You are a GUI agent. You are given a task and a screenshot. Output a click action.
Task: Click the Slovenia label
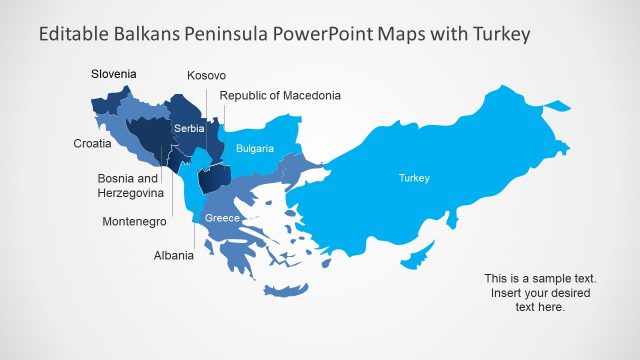(x=113, y=74)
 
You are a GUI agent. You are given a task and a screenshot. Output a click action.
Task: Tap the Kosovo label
(x=206, y=76)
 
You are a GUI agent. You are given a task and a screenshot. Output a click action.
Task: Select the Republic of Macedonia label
(x=280, y=96)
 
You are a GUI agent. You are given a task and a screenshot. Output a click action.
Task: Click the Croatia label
(x=92, y=143)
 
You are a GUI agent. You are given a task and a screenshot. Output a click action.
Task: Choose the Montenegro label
(x=134, y=221)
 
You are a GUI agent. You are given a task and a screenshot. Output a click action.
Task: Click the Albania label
(x=174, y=256)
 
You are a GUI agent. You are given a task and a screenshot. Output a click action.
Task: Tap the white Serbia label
(x=189, y=129)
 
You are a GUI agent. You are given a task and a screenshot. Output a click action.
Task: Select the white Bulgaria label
(x=254, y=149)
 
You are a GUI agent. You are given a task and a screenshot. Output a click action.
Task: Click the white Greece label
(x=221, y=218)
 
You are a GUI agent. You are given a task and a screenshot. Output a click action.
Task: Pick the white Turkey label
(x=414, y=178)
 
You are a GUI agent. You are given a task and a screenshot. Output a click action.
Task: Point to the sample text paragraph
(x=540, y=292)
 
